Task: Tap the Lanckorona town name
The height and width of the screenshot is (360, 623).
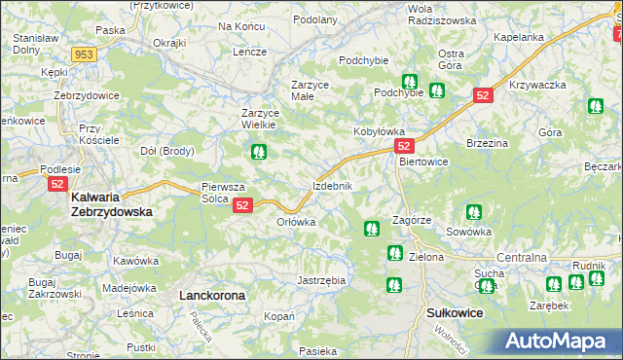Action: pyautogui.click(x=209, y=293)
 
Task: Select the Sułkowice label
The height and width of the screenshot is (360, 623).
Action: pyautogui.click(x=456, y=313)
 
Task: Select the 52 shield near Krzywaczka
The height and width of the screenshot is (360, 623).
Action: pyautogui.click(x=484, y=94)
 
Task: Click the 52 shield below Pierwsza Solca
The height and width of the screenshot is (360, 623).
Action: pyautogui.click(x=243, y=204)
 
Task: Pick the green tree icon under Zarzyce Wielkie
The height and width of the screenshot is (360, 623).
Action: pyautogui.click(x=258, y=152)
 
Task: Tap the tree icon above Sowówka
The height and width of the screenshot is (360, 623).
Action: pyautogui.click(x=473, y=211)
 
